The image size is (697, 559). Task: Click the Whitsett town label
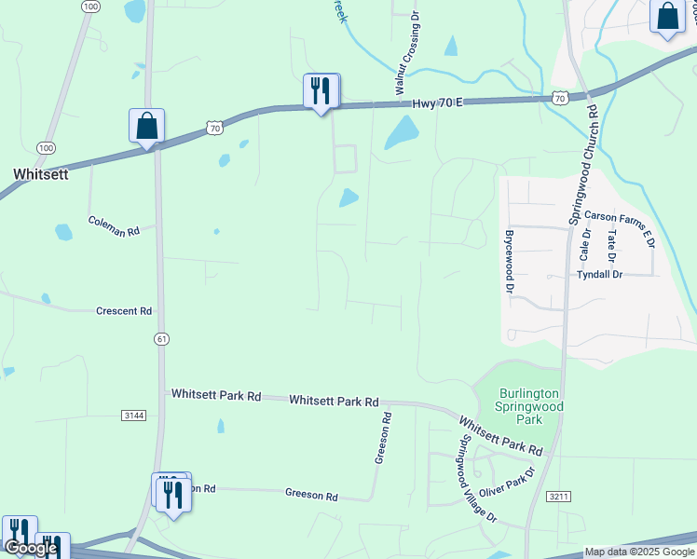click(40, 174)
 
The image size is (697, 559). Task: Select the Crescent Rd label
click(123, 311)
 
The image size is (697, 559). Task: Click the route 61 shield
click(162, 339)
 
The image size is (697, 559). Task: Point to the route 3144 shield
click(133, 415)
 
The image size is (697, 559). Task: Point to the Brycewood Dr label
click(510, 263)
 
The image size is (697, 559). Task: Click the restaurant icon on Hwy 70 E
click(321, 91)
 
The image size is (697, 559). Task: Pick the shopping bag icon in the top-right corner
click(668, 17)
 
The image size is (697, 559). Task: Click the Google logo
click(30, 548)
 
